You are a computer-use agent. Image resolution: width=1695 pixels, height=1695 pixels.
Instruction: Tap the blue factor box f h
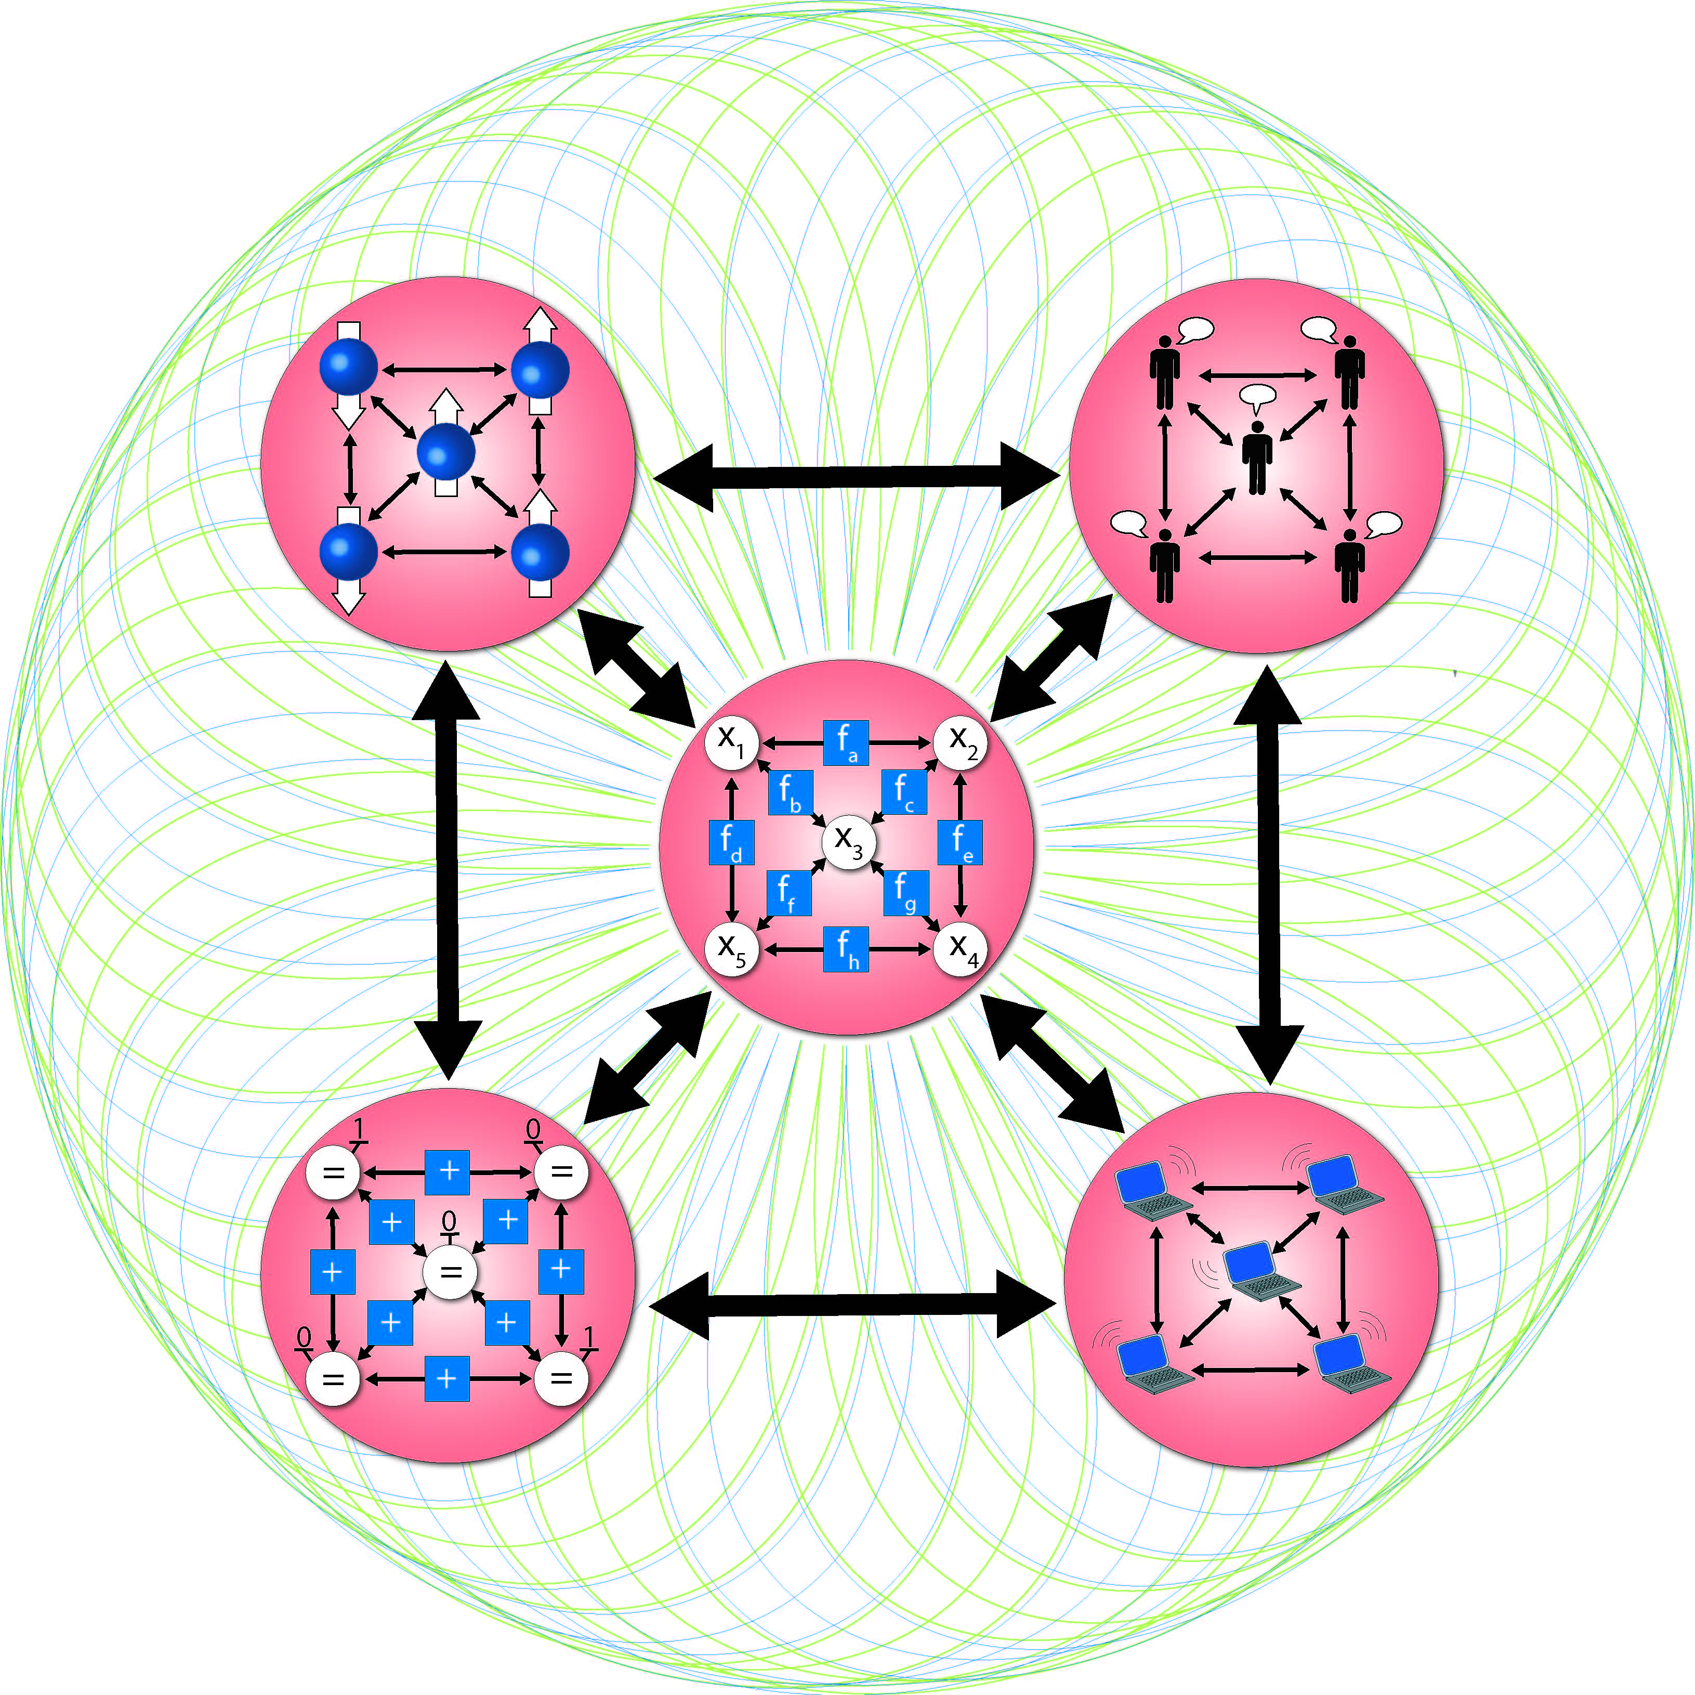pyautogui.click(x=846, y=949)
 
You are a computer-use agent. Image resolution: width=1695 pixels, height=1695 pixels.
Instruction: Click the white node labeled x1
pyautogui.click(x=731, y=742)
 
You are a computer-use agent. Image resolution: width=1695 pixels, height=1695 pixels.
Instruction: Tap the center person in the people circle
pyautogui.click(x=1257, y=457)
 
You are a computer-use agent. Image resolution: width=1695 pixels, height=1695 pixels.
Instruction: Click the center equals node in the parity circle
pyautogui.click(x=450, y=1272)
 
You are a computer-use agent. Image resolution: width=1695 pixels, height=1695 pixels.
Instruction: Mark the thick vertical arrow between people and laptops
pyautogui.click(x=1268, y=873)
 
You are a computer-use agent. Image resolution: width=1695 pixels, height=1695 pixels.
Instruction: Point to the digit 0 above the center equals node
pyautogui.click(x=449, y=1222)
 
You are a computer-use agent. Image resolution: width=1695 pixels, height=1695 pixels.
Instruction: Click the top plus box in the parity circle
pyautogui.click(x=448, y=1172)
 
